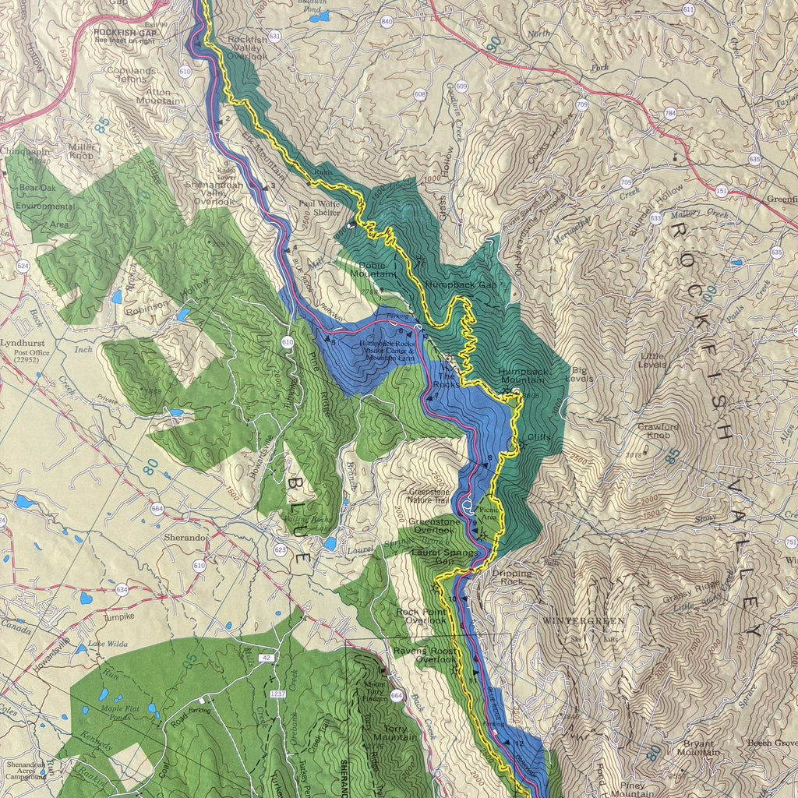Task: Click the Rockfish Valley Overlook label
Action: pos(247,48)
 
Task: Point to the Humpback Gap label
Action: pos(461,285)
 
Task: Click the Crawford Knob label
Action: pos(659,432)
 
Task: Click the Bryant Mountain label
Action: pos(698,748)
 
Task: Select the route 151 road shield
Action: pos(721,190)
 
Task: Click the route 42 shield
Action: pos(267,659)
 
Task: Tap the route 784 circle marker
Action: pos(670,114)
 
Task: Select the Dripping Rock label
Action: pos(512,577)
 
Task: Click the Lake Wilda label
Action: pos(107,644)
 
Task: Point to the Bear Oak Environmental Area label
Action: pos(47,207)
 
